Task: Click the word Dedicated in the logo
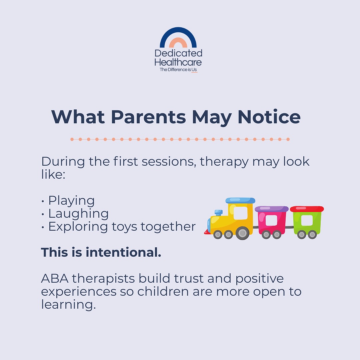coord(178,53)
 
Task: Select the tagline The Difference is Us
coord(178,70)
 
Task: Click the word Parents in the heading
coord(148,117)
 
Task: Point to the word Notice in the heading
coord(269,117)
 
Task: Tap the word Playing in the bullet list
coord(71,201)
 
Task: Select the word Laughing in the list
coord(78,214)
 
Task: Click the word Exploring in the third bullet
coord(78,227)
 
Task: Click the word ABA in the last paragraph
coord(55,278)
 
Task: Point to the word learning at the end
coord(68,305)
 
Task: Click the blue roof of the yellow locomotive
coord(240,200)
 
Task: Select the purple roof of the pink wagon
coord(272,209)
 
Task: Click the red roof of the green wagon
coord(307,209)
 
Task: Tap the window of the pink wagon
coord(271,220)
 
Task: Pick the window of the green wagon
coord(307,220)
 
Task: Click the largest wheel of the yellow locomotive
coord(242,233)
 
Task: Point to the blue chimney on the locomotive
coord(219,212)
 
